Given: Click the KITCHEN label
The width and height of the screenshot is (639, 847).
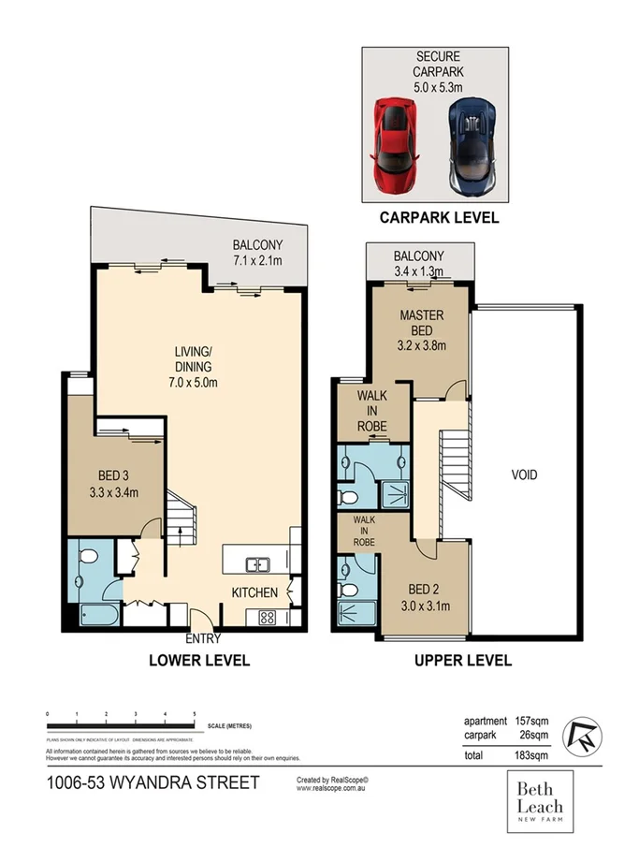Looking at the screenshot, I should tap(254, 592).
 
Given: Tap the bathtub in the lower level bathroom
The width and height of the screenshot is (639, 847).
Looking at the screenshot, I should tap(97, 616).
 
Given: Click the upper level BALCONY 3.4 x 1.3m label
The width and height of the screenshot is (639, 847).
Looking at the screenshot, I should tap(418, 263).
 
